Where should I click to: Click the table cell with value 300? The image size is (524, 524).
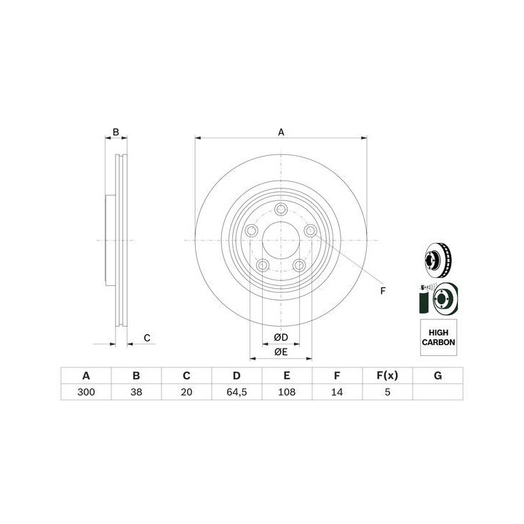click(x=86, y=392)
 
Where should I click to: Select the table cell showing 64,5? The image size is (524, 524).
click(x=237, y=392)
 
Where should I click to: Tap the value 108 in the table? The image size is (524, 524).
click(x=287, y=392)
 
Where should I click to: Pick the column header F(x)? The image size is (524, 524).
click(x=387, y=376)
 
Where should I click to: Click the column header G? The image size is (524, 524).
click(x=438, y=376)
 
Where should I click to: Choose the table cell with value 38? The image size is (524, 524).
click(x=136, y=392)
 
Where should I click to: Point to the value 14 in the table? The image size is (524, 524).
click(x=337, y=392)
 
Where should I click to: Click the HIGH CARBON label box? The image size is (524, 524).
click(x=438, y=338)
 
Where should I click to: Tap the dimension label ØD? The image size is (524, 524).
click(x=281, y=338)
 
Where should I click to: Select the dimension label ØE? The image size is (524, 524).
click(x=281, y=352)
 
